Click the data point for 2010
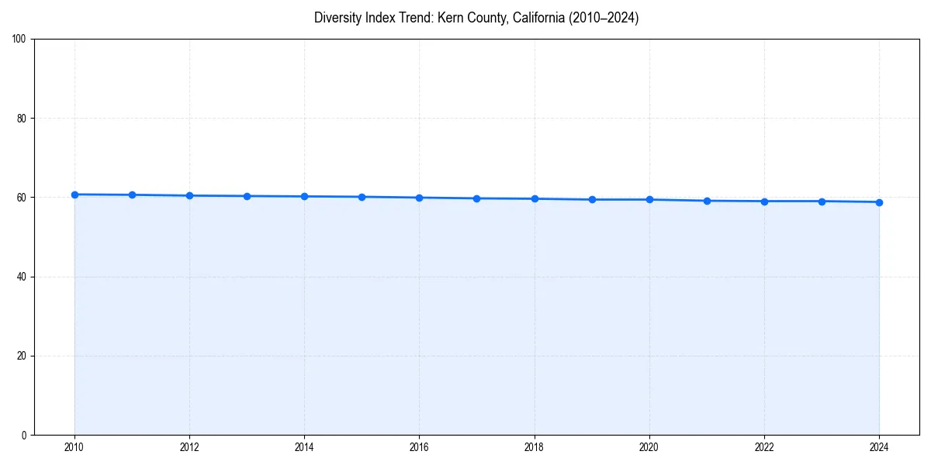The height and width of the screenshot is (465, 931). [x=74, y=195]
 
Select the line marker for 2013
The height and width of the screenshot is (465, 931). [x=247, y=196]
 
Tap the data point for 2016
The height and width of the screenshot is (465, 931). [x=419, y=198]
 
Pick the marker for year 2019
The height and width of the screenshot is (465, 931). [x=592, y=199]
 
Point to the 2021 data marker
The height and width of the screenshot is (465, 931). [x=707, y=201]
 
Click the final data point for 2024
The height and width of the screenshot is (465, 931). [x=879, y=202]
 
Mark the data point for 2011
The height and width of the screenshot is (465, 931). [x=132, y=195]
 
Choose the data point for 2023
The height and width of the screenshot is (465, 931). [x=822, y=201]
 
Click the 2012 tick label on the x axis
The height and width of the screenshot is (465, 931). [x=189, y=447]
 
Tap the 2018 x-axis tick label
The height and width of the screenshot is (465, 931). [x=535, y=447]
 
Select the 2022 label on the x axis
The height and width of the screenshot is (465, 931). [x=764, y=447]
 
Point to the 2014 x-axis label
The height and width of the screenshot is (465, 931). [x=304, y=447]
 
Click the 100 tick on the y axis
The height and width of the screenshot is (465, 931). [x=20, y=40]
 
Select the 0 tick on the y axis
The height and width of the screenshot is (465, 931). [x=25, y=435]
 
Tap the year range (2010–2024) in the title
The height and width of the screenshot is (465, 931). [x=604, y=18]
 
